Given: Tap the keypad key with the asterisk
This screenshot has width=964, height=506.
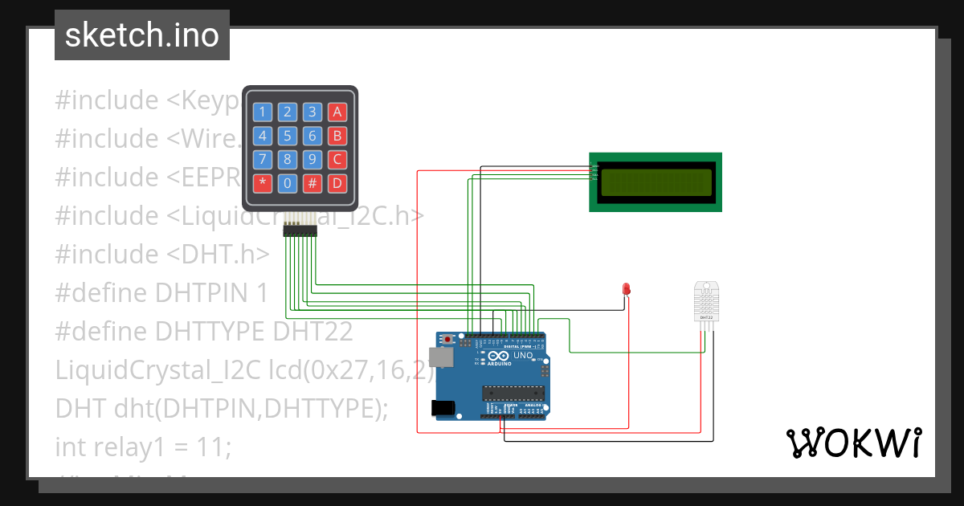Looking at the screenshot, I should pos(263,183).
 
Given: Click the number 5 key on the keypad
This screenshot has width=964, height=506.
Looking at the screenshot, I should pos(288,136).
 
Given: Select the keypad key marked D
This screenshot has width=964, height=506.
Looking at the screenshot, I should pos(337,183).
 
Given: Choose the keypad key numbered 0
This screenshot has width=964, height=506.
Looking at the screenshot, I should pos(288,183).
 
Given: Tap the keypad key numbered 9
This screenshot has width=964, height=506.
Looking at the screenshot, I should pos(312,159).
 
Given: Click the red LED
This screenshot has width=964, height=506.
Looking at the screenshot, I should pos(627,288).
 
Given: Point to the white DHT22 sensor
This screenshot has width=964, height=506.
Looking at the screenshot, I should pos(707,302).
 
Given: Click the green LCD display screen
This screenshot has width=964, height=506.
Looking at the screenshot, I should pos(656,182).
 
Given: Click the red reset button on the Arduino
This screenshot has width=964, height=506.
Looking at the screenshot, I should pos(446,339).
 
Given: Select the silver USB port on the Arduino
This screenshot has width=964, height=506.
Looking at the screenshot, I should pos(441,358).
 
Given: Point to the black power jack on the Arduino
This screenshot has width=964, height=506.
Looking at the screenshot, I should pos(442,407).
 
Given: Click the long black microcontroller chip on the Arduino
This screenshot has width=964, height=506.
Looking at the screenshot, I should pos(513,393).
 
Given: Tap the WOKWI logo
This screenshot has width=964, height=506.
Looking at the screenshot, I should pos(852,443).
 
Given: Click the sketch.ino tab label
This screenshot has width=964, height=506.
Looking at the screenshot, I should pos(142,35).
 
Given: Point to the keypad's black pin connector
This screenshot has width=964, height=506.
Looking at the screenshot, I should pos(300,231).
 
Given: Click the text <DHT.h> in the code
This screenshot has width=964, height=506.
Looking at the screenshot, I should pos(218,254).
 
